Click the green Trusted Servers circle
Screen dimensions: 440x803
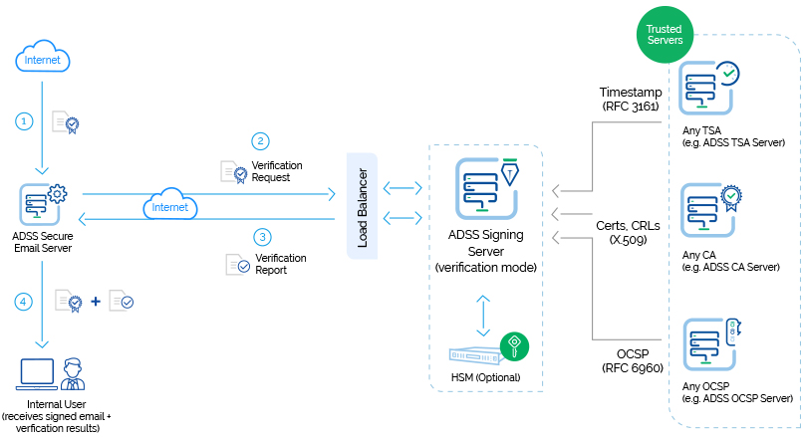click(665, 35)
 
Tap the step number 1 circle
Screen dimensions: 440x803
click(26, 120)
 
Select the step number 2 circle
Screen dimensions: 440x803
click(261, 140)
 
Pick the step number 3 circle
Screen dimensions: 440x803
click(262, 237)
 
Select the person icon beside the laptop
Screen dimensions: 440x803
click(72, 375)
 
